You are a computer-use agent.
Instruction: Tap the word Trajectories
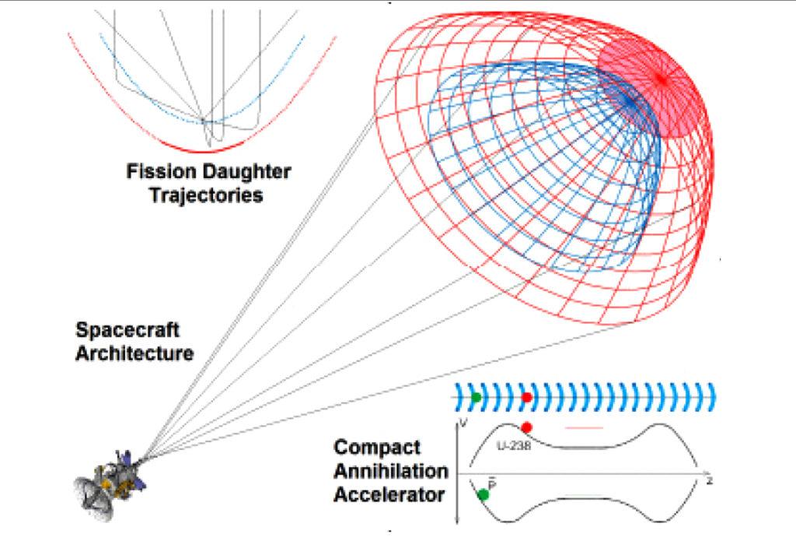click(206, 195)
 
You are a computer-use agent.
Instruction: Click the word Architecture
click(134, 353)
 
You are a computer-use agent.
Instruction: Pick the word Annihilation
click(390, 471)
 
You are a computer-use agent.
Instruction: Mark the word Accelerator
click(389, 494)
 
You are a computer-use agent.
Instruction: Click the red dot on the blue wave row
click(527, 398)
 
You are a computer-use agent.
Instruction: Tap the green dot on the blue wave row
click(476, 398)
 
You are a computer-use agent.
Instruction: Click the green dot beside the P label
click(483, 494)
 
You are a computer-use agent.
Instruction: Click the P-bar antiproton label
click(492, 483)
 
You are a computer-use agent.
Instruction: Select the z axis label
click(708, 482)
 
